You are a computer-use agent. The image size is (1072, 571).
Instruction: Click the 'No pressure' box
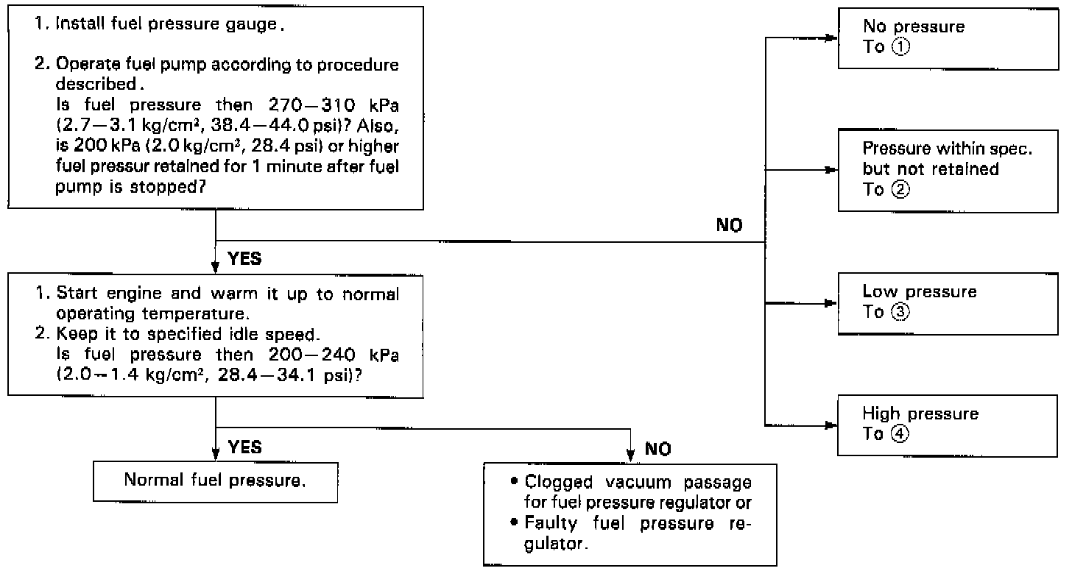pyautogui.click(x=949, y=37)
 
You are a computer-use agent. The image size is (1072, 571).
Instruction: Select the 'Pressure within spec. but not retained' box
pyautogui.click(x=949, y=170)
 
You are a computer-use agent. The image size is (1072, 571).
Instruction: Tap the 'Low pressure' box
pyautogui.click(x=949, y=302)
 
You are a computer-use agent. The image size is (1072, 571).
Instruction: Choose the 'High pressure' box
pyautogui.click(x=949, y=424)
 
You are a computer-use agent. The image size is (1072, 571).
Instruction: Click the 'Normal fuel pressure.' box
pyautogui.click(x=215, y=481)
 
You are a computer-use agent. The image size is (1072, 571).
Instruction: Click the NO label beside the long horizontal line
pyautogui.click(x=729, y=226)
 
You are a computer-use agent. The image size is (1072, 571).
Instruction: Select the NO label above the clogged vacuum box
pyautogui.click(x=657, y=450)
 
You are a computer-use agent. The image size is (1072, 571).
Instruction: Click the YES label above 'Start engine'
pyautogui.click(x=244, y=259)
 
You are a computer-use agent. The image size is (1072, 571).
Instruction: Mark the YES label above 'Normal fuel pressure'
pyautogui.click(x=244, y=447)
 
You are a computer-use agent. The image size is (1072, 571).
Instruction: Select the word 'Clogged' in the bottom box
pyautogui.click(x=551, y=483)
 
